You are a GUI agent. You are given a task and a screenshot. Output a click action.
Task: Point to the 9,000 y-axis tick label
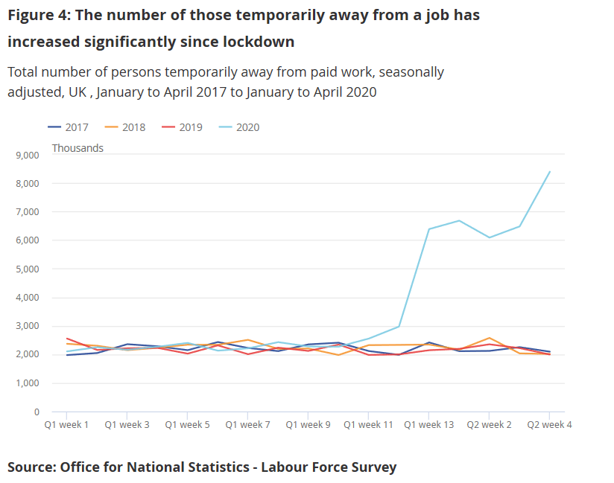tap(26, 156)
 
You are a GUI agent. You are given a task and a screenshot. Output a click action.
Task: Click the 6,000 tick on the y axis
tap(26, 240)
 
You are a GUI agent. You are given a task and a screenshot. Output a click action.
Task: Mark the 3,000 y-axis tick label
tap(26, 326)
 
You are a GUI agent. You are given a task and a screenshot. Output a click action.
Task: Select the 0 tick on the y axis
tap(35, 412)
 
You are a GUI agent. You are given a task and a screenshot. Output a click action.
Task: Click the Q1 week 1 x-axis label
tap(66, 425)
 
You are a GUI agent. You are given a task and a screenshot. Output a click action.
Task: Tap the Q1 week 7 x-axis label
tap(247, 425)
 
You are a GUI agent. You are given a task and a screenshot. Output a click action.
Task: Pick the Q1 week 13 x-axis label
tap(428, 425)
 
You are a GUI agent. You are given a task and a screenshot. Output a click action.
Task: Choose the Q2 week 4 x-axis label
tap(549, 425)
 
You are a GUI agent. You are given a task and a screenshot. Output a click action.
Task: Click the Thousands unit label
tap(77, 148)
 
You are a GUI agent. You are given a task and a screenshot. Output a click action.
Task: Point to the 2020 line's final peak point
tap(549, 172)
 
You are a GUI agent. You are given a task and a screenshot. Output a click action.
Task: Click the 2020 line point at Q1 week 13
tap(428, 229)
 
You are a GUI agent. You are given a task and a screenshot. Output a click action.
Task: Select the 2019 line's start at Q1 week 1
tap(66, 339)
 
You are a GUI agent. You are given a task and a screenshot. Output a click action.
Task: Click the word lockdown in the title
tap(258, 42)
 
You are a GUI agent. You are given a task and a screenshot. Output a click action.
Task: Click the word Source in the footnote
tap(31, 467)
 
